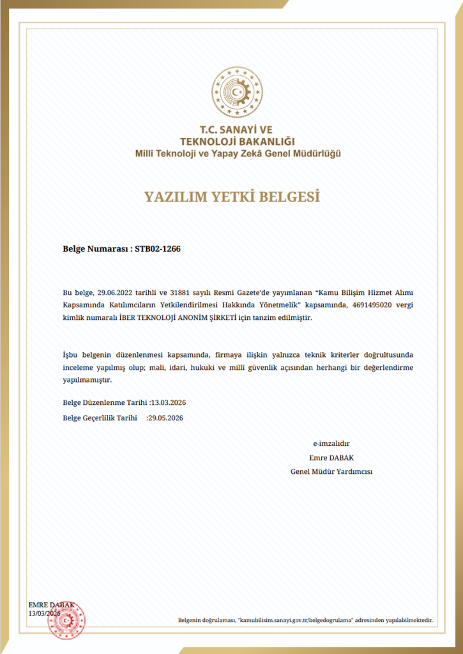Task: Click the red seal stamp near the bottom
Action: coord(66,620)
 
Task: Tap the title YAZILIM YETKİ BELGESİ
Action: coord(232,196)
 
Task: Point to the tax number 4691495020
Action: coord(371,305)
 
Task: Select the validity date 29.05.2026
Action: coord(165,418)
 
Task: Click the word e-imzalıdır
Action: coord(331,443)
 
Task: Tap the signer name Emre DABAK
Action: coord(331,457)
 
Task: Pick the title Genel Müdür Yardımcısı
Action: coord(331,471)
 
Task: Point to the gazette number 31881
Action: coord(181,292)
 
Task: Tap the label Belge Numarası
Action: coord(95,249)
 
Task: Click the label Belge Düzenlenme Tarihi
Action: coord(105,403)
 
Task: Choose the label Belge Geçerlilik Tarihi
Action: coord(100,418)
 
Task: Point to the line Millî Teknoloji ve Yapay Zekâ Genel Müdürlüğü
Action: coord(237,153)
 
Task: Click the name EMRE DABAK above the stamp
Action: coord(52,605)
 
